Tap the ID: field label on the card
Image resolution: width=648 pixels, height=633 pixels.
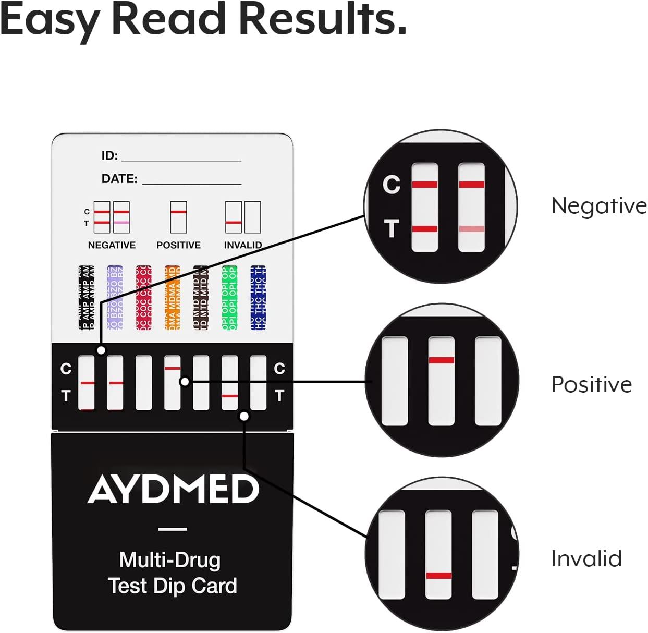tap(109, 155)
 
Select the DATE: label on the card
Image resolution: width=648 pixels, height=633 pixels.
tap(119, 179)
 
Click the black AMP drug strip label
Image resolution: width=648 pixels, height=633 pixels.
tap(87, 298)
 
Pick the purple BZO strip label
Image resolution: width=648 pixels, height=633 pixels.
tap(115, 298)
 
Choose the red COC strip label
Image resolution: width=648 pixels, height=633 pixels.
tap(143, 298)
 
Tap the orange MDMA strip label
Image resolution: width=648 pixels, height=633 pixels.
tap(172, 298)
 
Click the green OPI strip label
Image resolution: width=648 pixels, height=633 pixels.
tap(229, 298)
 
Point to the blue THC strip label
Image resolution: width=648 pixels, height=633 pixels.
tap(258, 298)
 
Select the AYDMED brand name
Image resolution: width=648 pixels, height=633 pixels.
tap(173, 490)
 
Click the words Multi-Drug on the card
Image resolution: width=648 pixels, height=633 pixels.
tap(170, 560)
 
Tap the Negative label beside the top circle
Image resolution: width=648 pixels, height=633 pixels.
tap(598, 205)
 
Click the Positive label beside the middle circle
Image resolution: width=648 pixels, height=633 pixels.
tap(591, 385)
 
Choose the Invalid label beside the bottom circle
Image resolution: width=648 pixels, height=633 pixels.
tap(586, 558)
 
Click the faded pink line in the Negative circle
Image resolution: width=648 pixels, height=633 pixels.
tap(471, 229)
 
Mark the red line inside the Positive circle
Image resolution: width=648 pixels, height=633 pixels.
tap(441, 360)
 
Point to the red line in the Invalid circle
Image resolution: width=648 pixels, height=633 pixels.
tap(438, 576)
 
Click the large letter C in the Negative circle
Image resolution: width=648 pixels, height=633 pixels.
tap(392, 184)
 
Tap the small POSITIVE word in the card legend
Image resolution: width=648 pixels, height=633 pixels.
tap(178, 245)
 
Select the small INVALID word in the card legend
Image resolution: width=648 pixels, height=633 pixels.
tap(242, 245)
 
